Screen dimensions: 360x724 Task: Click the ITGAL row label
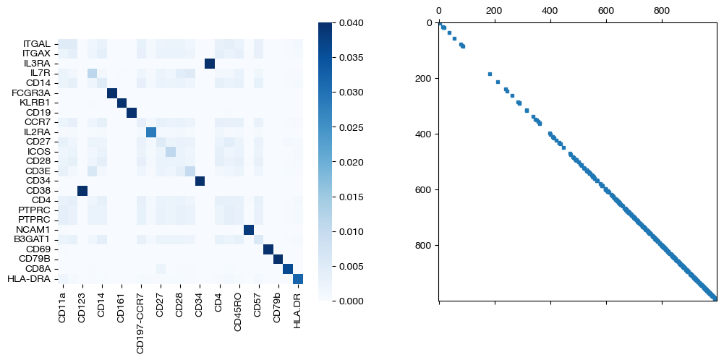(x=36, y=44)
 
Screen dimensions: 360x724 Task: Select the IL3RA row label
(x=36, y=64)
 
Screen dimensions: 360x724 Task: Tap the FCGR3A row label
(x=31, y=93)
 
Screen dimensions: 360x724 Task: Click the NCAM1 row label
(x=33, y=230)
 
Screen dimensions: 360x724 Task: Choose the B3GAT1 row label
(x=32, y=239)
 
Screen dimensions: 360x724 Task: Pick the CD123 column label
(x=82, y=307)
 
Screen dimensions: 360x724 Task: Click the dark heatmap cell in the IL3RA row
(x=210, y=64)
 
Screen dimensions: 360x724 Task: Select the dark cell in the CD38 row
(x=82, y=191)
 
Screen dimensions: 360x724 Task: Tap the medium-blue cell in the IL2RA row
(x=150, y=132)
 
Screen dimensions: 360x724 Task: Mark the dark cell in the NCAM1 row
(x=249, y=230)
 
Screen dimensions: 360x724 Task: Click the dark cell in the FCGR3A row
(x=111, y=93)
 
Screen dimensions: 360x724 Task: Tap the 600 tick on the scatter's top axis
(x=606, y=12)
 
